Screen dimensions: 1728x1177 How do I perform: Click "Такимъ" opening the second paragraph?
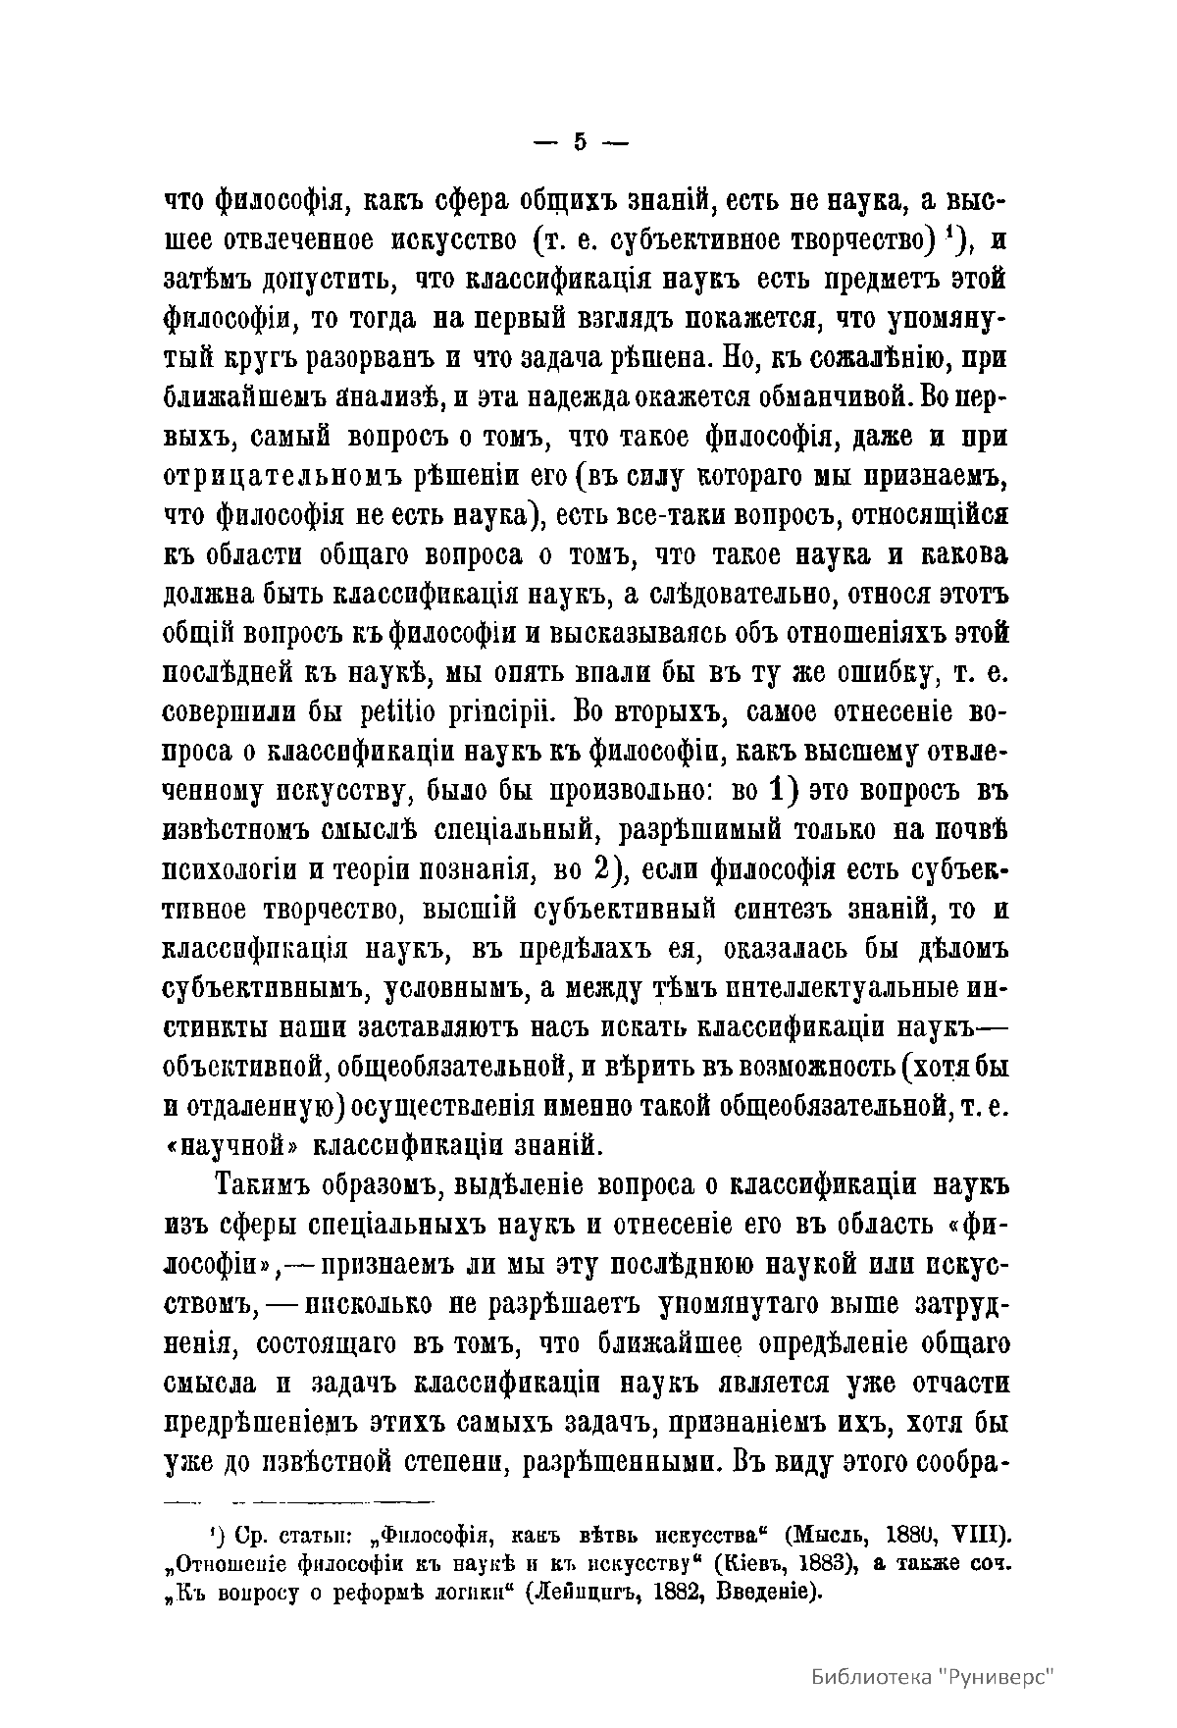click(x=262, y=1185)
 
